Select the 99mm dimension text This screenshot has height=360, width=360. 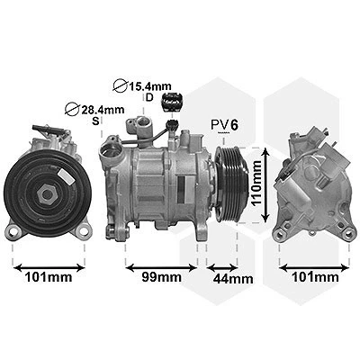point(162,277)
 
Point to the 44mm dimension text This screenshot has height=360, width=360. point(233,279)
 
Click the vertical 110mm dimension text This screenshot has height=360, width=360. point(256,184)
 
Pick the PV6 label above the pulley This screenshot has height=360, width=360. point(225,125)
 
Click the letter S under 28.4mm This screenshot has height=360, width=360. point(95,121)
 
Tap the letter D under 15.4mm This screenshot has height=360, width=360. point(149,97)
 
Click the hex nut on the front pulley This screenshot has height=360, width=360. point(46,194)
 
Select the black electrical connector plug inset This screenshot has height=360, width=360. point(172,102)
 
